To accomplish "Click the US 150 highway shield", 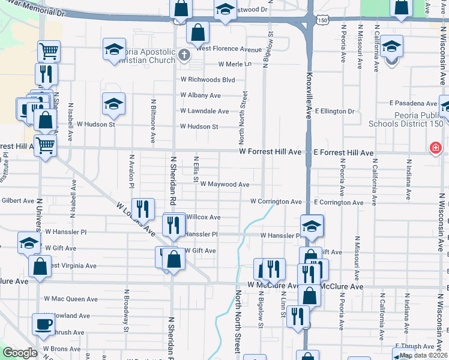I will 324,20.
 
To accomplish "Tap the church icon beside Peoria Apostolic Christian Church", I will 184,56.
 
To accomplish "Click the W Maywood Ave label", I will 224,184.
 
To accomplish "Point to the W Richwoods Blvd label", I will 208,79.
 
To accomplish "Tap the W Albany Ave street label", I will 200,95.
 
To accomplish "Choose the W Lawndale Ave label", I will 205,111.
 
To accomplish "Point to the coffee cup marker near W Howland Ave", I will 43,325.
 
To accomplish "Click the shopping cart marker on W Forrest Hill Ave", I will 46,145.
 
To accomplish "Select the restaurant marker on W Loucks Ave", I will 143,209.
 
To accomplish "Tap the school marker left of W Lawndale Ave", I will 113,104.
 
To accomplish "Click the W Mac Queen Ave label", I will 70,299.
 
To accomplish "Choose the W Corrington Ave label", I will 276,202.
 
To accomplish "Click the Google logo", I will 20,353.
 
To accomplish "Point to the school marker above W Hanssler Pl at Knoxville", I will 312,226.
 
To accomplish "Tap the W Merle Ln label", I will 235,64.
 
